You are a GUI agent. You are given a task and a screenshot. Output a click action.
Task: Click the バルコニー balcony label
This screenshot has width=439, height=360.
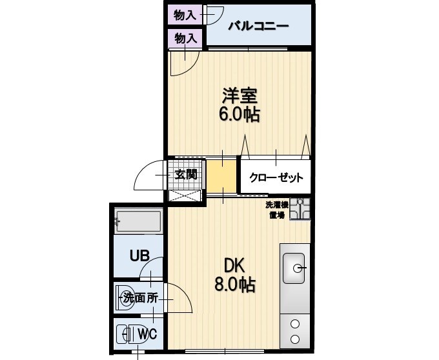258,27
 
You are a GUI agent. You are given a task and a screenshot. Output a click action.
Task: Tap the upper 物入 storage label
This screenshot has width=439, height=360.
185,13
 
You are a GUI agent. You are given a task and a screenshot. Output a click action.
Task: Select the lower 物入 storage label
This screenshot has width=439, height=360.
185,38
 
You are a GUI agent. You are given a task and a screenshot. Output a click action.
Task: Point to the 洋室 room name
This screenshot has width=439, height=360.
240,97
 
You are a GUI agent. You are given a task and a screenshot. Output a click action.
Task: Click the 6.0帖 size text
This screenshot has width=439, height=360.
240,115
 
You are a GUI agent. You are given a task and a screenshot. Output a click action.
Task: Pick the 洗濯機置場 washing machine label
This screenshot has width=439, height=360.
276,210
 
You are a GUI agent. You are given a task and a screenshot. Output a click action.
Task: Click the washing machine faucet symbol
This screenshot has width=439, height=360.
300,209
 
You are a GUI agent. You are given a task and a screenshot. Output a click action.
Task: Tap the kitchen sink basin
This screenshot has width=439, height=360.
294,268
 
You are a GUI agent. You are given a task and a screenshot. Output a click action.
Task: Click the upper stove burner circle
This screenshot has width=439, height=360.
295,325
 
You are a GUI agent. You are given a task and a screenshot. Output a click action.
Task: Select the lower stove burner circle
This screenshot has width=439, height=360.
295,339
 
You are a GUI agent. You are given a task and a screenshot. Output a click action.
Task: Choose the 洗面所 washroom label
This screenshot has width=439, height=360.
140,299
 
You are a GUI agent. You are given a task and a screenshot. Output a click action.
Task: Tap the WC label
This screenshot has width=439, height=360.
147,334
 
